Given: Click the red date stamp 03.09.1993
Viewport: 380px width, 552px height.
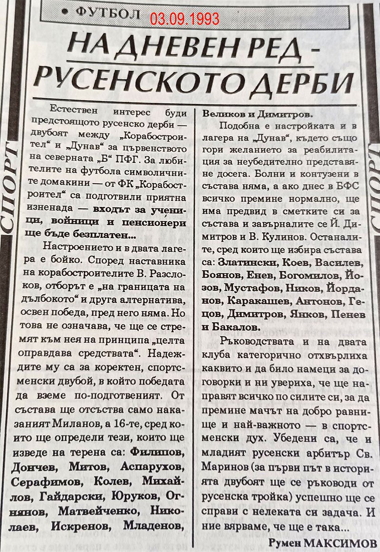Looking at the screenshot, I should coord(185,19).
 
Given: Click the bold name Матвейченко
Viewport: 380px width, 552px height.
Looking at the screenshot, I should coord(89,511).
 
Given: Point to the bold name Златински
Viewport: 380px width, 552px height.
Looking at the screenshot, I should coord(248,262).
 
